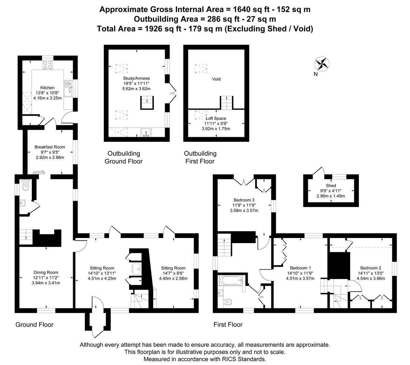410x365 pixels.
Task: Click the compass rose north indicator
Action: coord(322,64)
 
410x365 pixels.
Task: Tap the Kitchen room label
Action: coord(47,88)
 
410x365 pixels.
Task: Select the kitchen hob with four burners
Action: coord(47,65)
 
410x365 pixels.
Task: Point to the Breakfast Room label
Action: coord(50,147)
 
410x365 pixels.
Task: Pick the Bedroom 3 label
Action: coord(244,200)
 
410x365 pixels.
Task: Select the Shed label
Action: coord(331,186)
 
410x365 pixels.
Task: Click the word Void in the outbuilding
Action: coord(216,79)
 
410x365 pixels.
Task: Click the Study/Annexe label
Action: coord(136,78)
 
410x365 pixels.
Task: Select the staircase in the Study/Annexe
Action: coord(147,103)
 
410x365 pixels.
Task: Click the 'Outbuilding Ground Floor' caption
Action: coord(123,157)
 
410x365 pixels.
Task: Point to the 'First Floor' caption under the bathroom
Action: coord(228,324)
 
